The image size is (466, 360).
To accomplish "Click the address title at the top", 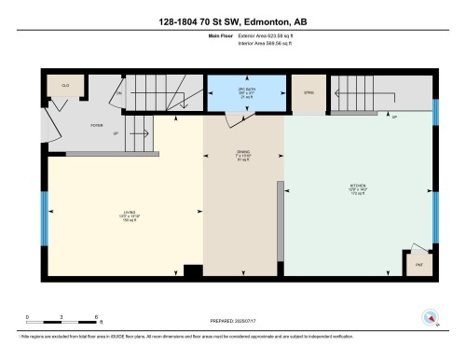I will pos(232,13).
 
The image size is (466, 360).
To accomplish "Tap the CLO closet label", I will pos(65,85).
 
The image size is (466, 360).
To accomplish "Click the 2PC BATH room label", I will pos(246,90).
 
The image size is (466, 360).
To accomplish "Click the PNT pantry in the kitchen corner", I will pos(419,264).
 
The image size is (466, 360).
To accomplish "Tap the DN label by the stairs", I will pos(119,93).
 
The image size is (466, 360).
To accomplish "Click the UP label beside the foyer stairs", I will pos(115,133).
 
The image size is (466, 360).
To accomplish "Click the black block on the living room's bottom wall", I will pos(192,271).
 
